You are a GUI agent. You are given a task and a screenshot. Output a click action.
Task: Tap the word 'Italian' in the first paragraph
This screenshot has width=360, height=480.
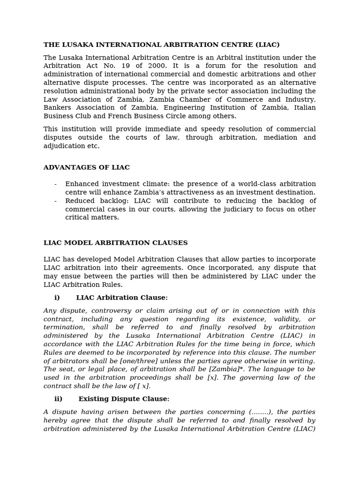[x=305, y=108]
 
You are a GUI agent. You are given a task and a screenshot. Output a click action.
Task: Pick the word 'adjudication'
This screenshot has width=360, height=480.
[x=62, y=146]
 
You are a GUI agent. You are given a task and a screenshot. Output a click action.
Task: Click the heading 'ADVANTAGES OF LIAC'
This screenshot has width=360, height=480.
[x=87, y=167]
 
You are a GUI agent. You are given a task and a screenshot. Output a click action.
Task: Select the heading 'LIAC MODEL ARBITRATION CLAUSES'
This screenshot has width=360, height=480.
[x=115, y=243]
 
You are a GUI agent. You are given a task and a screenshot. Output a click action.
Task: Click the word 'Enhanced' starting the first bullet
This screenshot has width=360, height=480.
[x=81, y=184]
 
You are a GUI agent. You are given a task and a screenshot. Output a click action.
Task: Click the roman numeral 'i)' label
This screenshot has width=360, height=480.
[x=57, y=298]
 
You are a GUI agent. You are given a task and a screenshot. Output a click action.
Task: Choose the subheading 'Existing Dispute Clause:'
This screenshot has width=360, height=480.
[x=124, y=399]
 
